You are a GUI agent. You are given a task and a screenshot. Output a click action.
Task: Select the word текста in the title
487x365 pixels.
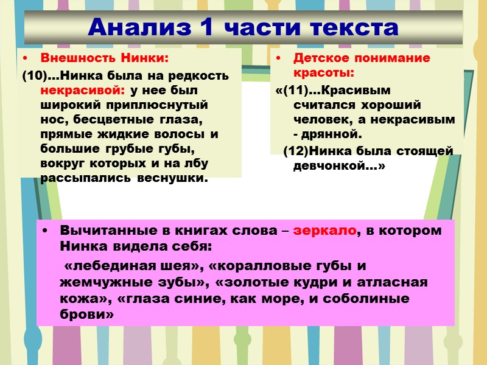coord(353,27)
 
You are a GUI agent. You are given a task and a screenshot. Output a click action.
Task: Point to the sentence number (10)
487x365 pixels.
coord(33,76)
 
